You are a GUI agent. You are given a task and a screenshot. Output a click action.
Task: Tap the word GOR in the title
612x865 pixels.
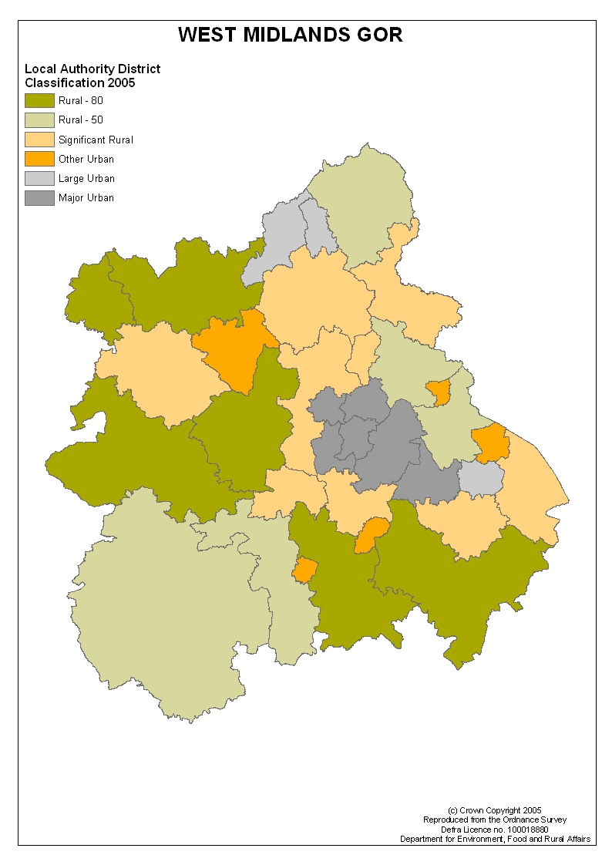[x=380, y=35]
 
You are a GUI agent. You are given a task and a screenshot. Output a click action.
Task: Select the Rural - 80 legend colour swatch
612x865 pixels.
[x=39, y=100]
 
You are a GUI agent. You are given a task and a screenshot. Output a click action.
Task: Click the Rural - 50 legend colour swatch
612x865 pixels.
[x=39, y=119]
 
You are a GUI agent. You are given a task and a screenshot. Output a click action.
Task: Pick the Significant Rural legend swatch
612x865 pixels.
[x=39, y=140]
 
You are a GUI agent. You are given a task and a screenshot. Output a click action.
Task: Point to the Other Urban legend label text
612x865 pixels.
[x=86, y=160]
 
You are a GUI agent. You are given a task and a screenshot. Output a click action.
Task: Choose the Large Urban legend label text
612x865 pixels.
[x=86, y=179]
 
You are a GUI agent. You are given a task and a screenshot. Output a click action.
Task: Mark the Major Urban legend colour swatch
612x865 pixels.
[x=39, y=198]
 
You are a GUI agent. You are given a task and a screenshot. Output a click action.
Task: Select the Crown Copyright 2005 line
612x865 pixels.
[x=495, y=810]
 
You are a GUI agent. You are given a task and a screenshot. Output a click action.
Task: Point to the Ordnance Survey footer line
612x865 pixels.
[x=495, y=820]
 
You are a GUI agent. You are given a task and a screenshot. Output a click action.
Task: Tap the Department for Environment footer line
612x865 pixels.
[x=495, y=839]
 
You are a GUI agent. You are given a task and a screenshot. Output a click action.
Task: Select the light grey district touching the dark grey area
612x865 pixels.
[x=481, y=479]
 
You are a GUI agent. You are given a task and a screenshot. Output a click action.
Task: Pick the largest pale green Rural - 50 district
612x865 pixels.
[x=170, y=609]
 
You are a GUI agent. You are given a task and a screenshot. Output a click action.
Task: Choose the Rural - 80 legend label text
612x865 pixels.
[x=81, y=100]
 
